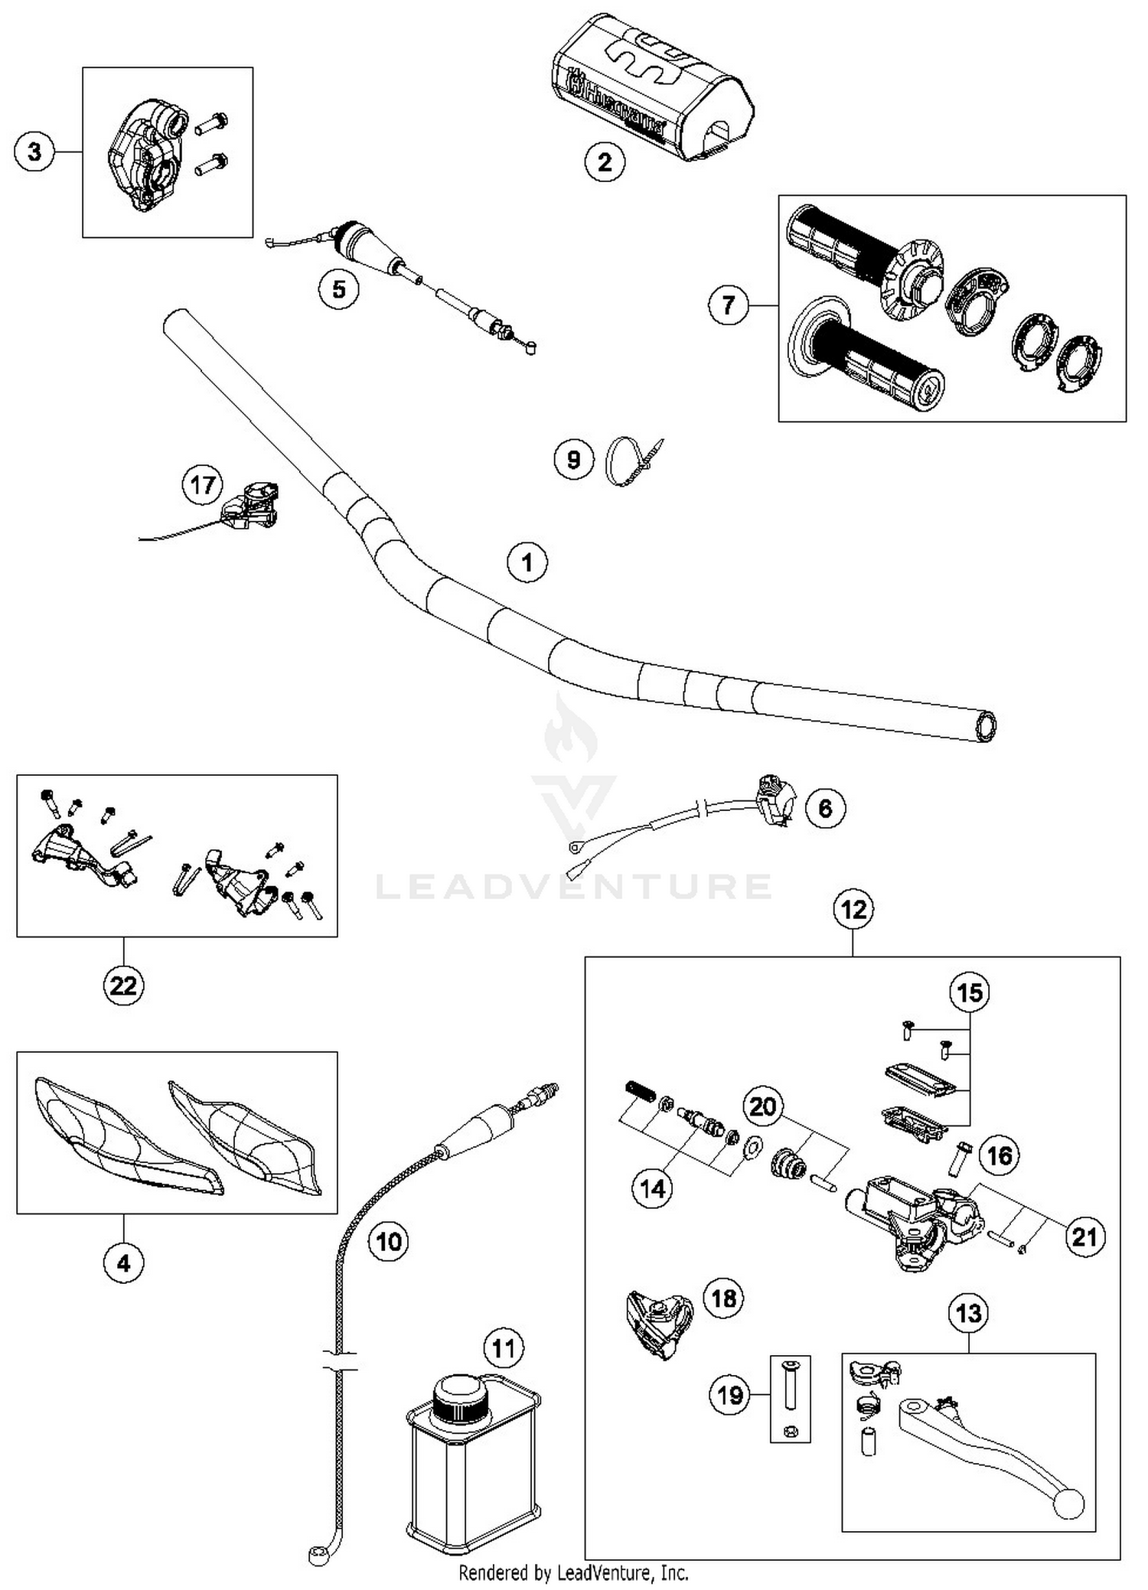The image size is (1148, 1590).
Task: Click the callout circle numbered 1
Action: [527, 562]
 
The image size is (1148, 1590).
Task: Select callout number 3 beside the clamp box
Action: [34, 152]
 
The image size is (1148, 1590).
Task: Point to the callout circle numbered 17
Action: [202, 485]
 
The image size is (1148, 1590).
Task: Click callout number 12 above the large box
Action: [853, 910]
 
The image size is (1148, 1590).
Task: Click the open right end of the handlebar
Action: [986, 725]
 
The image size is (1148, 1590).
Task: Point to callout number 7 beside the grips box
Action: [728, 305]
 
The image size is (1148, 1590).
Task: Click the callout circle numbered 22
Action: [123, 985]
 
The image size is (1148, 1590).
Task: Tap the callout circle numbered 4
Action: [123, 1263]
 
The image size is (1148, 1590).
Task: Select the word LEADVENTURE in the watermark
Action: [574, 886]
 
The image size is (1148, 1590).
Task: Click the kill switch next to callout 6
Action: [774, 799]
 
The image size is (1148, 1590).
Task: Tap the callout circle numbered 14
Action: [652, 1188]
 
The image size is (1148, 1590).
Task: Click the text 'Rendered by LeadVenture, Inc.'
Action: [573, 1573]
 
